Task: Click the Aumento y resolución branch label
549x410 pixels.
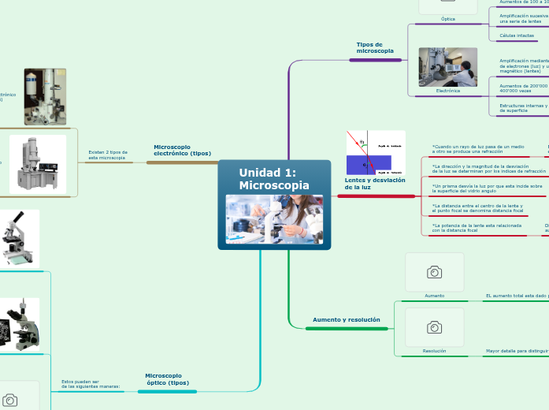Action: pos(346,320)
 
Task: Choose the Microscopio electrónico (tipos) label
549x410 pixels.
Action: pos(182,150)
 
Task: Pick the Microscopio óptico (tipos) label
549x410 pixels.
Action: pos(167,379)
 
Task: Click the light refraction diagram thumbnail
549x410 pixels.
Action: pos(376,153)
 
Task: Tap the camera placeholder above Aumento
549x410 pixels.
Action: pos(434,272)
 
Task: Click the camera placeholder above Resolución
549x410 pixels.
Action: pos(434,327)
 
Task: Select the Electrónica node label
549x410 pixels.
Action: pos(447,91)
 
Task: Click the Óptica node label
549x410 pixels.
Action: pos(447,19)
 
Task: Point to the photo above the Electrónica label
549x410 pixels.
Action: pos(447,67)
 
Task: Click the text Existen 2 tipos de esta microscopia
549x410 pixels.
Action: pos(108,155)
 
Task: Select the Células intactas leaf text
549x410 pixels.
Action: pos(517,35)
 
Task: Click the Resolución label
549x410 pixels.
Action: pos(434,351)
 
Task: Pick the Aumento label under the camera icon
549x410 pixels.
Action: pos(434,296)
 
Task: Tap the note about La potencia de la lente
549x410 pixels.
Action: pos(477,227)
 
